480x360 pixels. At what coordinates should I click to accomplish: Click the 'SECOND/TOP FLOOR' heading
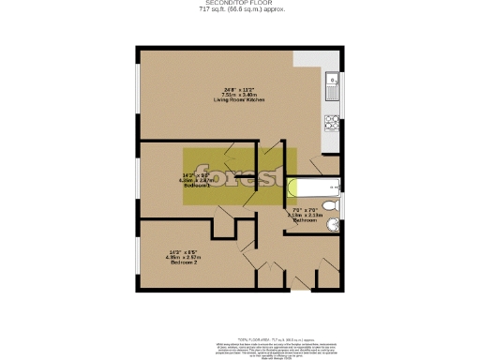239,4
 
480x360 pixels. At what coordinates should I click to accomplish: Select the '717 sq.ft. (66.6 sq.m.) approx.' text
239,10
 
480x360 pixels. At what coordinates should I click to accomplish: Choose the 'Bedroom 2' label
182,262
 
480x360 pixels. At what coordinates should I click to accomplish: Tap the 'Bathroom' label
307,219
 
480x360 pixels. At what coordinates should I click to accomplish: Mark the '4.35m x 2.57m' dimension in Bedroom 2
183,257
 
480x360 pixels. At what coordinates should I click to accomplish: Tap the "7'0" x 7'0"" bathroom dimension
307,208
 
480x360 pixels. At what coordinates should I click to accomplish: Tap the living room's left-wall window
139,94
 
